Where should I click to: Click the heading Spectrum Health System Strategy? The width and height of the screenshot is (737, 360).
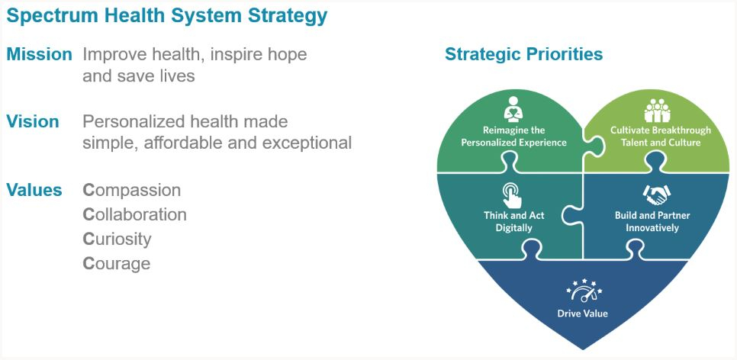(x=166, y=15)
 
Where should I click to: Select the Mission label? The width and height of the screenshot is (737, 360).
(x=39, y=55)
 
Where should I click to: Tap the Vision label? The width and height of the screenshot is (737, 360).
(x=33, y=122)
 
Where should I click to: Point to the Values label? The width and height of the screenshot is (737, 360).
(x=34, y=191)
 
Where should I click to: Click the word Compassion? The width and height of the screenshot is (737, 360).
(x=131, y=191)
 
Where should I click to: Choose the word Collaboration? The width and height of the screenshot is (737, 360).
(x=134, y=215)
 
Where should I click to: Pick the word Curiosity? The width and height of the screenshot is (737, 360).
(x=117, y=239)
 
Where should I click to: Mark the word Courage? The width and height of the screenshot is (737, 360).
(x=116, y=264)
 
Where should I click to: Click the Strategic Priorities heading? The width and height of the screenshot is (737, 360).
(x=523, y=55)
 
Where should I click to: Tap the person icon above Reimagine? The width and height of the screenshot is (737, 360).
(x=513, y=108)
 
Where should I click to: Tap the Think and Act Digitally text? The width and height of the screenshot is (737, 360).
(x=513, y=221)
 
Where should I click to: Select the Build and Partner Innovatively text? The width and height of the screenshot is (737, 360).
(x=652, y=221)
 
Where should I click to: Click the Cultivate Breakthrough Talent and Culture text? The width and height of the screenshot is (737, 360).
(x=660, y=136)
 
